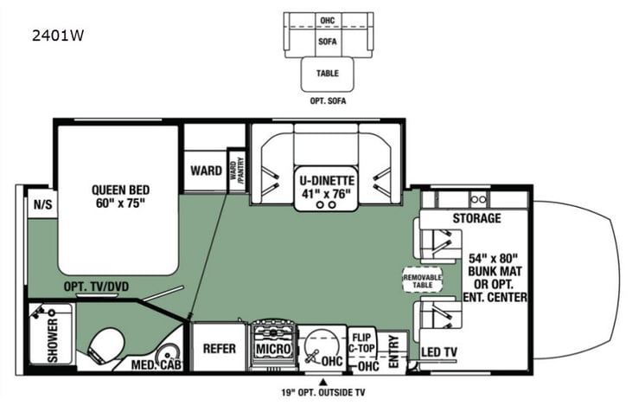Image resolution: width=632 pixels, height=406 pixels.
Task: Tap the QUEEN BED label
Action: pos(118,197)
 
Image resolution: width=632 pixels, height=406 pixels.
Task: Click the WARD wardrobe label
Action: pos(206,171)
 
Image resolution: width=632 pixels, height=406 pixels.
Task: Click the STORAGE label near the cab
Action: pos(476,218)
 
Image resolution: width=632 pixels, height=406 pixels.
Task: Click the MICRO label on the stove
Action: pos(272,348)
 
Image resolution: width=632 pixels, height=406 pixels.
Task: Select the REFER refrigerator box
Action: pos(220,348)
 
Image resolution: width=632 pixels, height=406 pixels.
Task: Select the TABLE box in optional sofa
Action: pos(328,74)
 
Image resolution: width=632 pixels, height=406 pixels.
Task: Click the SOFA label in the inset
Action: pos(328,40)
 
